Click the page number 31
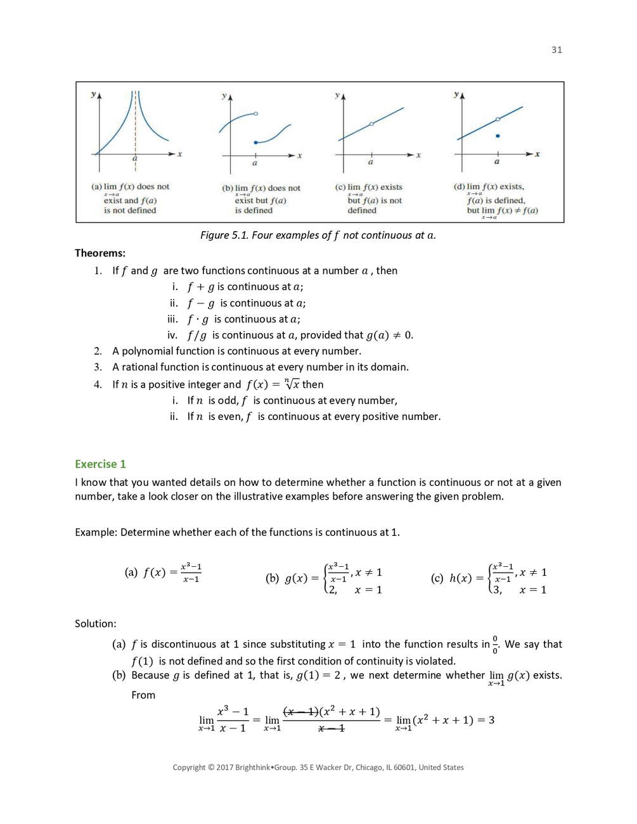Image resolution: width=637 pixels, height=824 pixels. (x=557, y=50)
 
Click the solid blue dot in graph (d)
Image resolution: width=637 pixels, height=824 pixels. (x=498, y=136)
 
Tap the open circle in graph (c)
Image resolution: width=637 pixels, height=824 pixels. (x=371, y=124)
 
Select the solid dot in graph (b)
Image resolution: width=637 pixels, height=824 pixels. (x=255, y=143)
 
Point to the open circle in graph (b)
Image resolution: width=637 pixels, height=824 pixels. (x=255, y=113)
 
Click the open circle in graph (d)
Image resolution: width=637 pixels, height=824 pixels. (x=498, y=119)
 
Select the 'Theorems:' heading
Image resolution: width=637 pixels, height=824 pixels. (x=100, y=253)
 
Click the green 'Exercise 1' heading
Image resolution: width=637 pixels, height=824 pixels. (x=100, y=464)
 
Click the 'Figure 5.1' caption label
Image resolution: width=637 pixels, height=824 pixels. (x=224, y=235)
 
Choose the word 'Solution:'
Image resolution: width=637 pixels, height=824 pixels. (x=96, y=624)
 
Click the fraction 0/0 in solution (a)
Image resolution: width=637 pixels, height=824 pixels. (x=495, y=645)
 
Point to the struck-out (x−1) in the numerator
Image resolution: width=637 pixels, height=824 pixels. (x=300, y=712)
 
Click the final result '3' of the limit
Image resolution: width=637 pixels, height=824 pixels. (x=491, y=720)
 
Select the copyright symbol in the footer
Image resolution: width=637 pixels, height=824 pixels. (x=211, y=767)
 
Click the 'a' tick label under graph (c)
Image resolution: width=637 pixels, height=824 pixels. (x=371, y=162)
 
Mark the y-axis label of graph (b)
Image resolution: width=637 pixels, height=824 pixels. (x=224, y=96)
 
